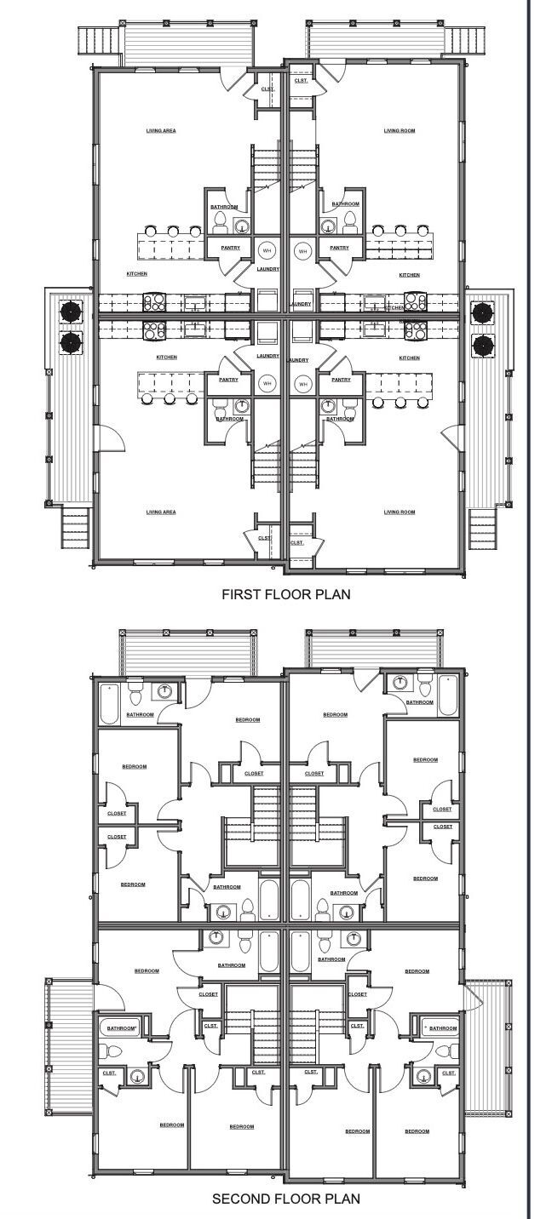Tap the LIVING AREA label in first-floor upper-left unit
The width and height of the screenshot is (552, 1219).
(x=160, y=130)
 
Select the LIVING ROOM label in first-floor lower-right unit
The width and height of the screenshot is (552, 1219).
(x=399, y=512)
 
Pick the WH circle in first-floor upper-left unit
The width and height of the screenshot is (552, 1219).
(x=267, y=250)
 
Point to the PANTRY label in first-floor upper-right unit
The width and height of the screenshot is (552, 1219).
(x=339, y=248)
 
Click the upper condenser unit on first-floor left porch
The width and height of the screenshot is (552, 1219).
(x=70, y=310)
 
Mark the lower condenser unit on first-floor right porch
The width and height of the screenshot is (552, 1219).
(x=483, y=345)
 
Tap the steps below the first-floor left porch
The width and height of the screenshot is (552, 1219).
(x=74, y=528)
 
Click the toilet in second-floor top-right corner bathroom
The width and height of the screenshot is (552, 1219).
(x=423, y=684)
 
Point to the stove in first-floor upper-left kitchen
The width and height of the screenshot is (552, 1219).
(x=154, y=301)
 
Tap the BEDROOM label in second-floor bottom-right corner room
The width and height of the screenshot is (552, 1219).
(x=417, y=1130)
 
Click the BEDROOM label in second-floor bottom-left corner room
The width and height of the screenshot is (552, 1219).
(x=171, y=1125)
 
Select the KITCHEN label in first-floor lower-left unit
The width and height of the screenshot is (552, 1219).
(x=166, y=357)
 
